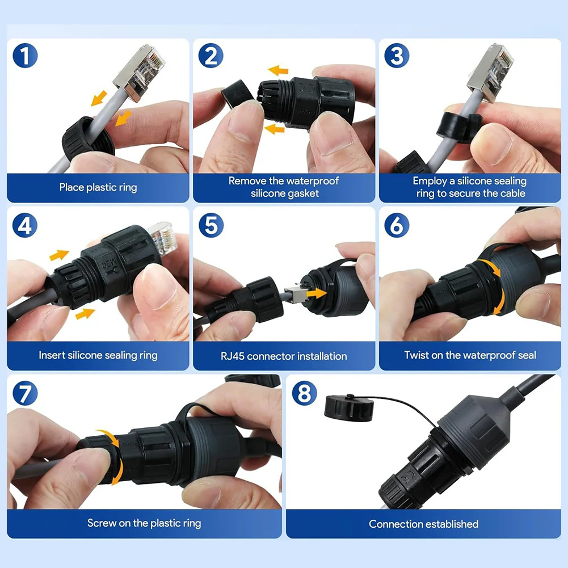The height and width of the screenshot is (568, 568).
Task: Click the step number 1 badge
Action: [25, 56]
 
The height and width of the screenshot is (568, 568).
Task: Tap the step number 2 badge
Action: [211, 56]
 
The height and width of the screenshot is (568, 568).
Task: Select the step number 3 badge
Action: [397, 56]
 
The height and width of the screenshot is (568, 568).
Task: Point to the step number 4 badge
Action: [25, 225]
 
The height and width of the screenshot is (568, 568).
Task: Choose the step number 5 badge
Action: [211, 225]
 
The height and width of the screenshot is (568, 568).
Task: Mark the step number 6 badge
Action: [397, 225]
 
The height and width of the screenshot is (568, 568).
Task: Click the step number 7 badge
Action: [25, 393]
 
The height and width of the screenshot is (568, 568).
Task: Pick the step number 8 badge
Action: [304, 393]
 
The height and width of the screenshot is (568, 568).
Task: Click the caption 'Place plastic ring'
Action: [98, 187]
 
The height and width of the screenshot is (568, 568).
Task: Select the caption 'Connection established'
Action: [423, 524]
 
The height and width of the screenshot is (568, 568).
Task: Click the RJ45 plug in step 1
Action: [140, 72]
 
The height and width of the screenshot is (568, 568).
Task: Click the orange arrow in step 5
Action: [317, 293]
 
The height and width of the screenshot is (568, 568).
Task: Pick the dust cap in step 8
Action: [349, 407]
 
